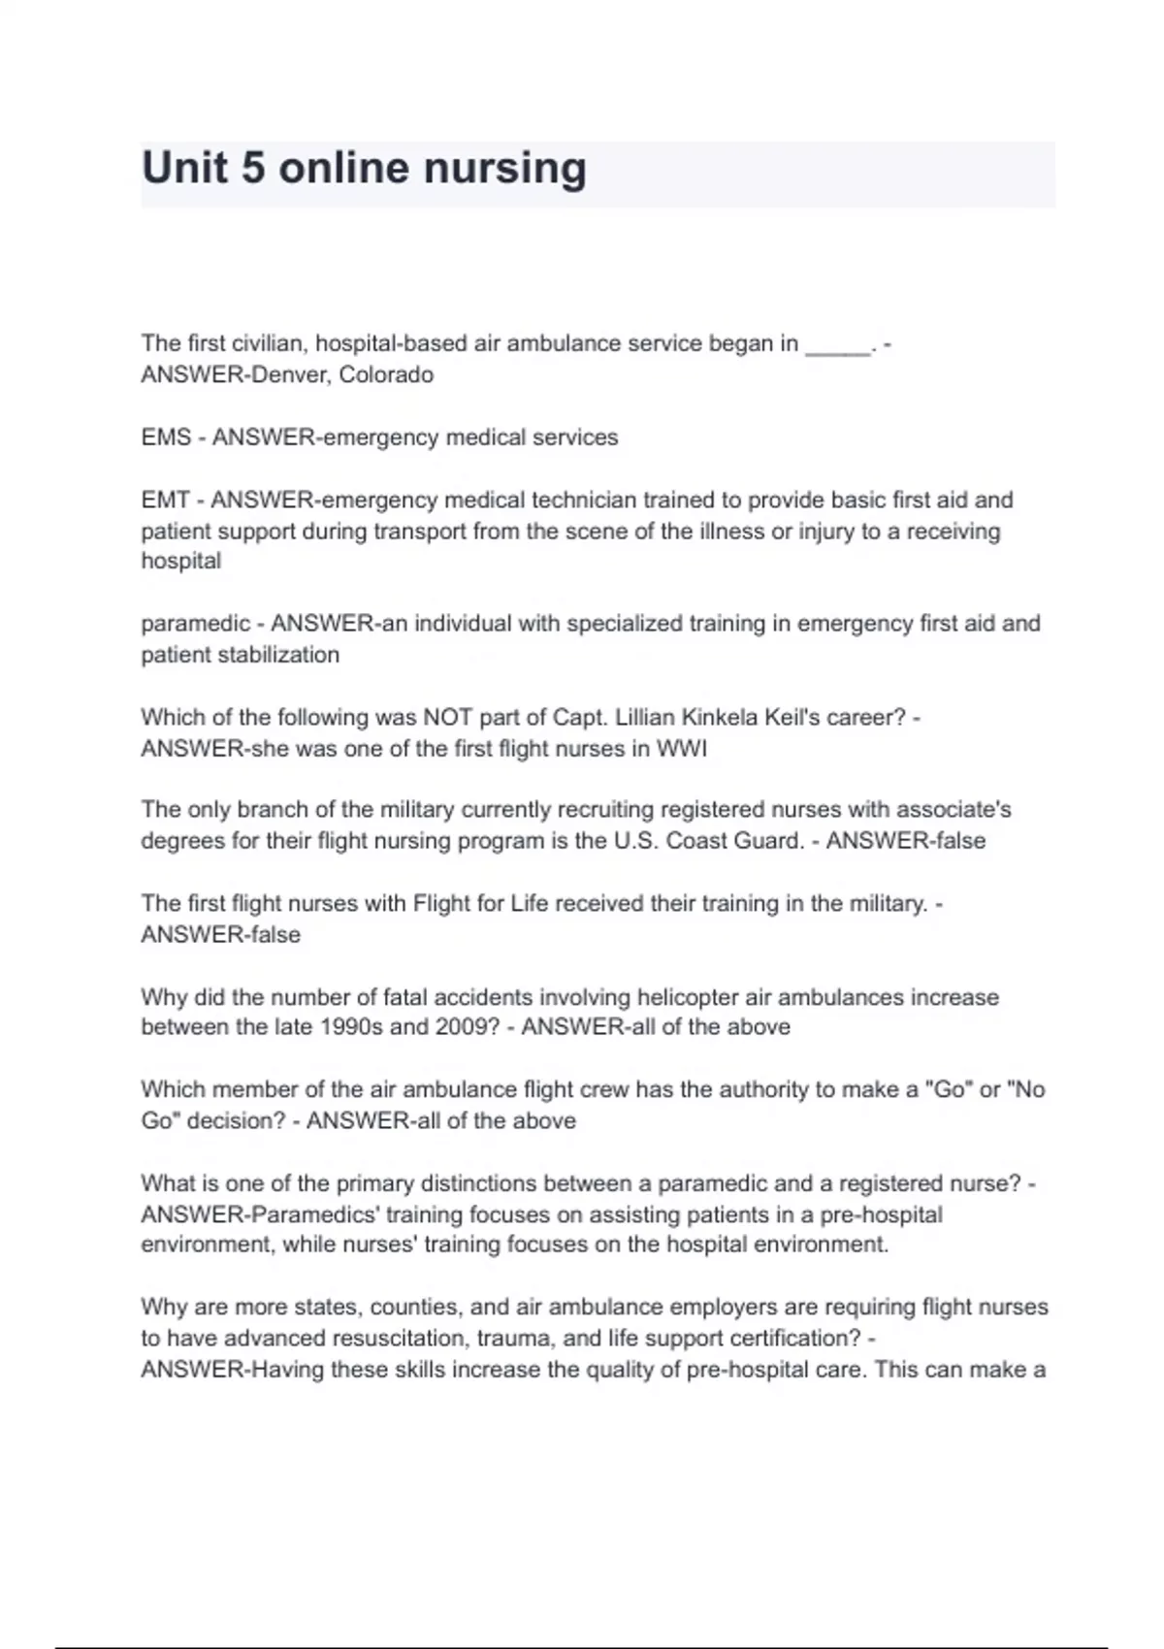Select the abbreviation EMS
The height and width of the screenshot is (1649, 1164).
click(166, 437)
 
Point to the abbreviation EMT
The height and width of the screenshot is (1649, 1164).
click(165, 501)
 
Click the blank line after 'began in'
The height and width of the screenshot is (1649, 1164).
click(838, 345)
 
